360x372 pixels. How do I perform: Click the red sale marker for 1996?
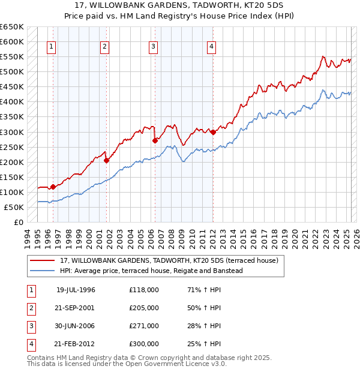pos(53,187)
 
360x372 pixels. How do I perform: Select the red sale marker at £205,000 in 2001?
pos(106,160)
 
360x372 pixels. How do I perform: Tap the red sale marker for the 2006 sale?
pos(155,140)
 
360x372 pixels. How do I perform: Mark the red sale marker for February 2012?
pos(213,132)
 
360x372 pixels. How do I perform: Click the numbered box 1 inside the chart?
pos(51,47)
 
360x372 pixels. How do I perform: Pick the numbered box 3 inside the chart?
pos(154,47)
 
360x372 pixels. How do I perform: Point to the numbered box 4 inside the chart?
pos(212,47)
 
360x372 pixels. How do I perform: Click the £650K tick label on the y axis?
pos(12,27)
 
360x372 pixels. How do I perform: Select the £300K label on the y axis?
pos(12,132)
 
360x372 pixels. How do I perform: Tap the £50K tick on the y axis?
pos(14,207)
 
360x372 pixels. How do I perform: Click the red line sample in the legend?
pos(43,261)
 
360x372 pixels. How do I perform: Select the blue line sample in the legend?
pos(43,271)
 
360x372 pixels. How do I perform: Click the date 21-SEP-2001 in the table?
pos(76,307)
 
